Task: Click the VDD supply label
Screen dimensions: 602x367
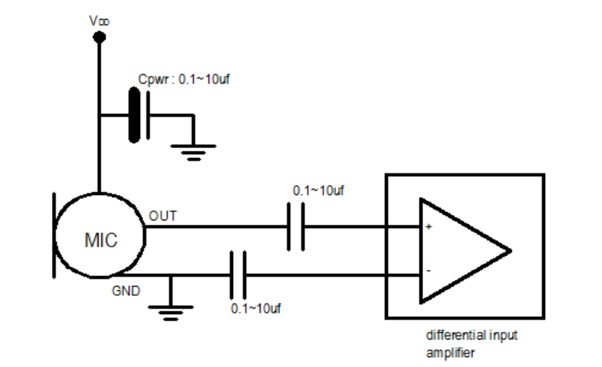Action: point(99,20)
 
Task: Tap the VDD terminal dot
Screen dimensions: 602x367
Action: point(99,37)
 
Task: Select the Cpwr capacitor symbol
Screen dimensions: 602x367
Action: point(139,115)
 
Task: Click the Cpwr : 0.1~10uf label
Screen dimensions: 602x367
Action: point(184,79)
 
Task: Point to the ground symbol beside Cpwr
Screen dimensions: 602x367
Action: point(194,153)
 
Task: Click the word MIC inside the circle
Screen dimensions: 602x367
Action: point(101,241)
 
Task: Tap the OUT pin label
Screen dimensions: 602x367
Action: point(163,216)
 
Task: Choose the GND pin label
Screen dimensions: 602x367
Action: point(126,291)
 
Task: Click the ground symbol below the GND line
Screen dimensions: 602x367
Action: point(170,313)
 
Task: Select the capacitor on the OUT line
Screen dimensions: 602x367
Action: point(296,227)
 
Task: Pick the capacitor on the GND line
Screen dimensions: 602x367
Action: point(238,275)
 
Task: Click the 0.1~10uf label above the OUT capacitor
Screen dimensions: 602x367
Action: point(318,191)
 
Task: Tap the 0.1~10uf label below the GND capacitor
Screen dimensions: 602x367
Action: point(256,309)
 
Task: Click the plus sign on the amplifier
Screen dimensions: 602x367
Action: point(429,227)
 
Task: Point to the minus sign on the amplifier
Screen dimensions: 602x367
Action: point(429,271)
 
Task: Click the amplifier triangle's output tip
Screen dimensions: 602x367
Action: point(511,251)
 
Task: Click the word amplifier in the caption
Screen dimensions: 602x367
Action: point(451,353)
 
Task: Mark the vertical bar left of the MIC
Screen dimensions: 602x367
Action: point(54,235)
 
